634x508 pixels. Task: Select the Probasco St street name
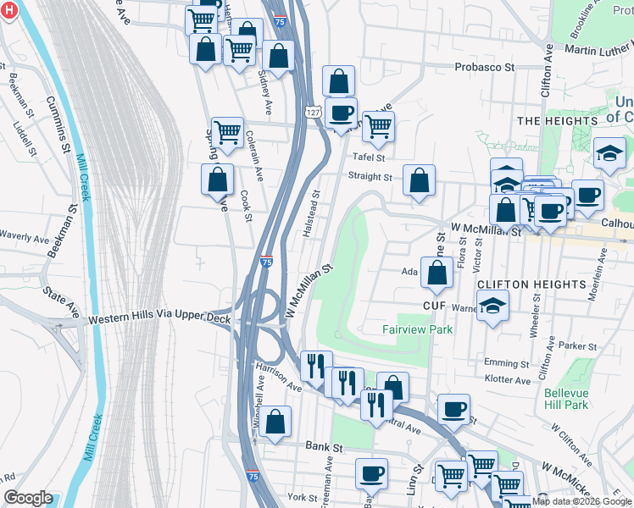pos(485,67)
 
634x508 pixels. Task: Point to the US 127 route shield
pos(314,111)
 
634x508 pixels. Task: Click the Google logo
pos(28,498)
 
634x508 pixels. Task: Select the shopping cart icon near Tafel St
pos(378,127)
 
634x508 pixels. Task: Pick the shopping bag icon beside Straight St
pos(419,180)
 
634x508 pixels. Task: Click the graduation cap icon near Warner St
pos(492,306)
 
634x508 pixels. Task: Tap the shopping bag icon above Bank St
pos(275,422)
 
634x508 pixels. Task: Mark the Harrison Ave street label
pos(279,378)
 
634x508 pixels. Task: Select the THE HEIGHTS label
pos(552,121)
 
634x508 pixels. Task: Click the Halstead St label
pos(312,218)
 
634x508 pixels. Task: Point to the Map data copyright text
pos(581,501)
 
